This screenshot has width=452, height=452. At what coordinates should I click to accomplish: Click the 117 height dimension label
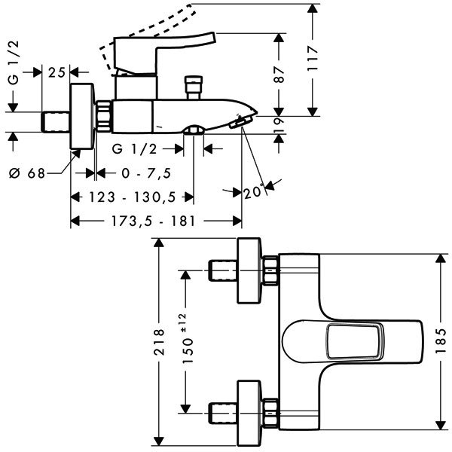tap(313, 58)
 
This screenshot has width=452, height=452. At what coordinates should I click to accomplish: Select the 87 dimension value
tap(279, 75)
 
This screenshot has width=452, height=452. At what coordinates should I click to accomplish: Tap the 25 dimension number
tap(56, 72)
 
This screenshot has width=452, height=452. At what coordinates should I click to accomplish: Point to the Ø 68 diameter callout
tap(27, 173)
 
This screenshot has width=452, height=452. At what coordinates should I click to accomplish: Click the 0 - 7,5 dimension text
tap(146, 173)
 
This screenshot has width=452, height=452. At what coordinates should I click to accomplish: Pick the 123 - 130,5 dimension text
tap(133, 197)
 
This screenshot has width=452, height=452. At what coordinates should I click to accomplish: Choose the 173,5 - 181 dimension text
tap(154, 221)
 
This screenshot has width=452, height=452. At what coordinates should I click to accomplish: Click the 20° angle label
tap(254, 191)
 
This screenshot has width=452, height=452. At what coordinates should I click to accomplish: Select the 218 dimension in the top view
tap(159, 342)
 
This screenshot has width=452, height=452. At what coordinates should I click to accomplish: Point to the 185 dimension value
tap(441, 341)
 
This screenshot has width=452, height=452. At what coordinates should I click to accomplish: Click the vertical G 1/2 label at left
tap(14, 63)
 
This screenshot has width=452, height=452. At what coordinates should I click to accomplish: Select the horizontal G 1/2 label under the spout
tap(134, 149)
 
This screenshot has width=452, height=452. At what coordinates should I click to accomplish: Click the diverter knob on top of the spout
tap(194, 87)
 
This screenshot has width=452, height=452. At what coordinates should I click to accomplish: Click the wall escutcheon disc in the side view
tap(82, 116)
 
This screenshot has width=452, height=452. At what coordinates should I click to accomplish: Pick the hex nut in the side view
tap(103, 116)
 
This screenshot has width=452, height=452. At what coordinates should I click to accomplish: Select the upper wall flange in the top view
tap(249, 270)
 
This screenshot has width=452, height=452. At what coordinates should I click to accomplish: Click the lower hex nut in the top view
tap(270, 413)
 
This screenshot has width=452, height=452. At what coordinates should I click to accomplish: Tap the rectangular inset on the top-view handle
tap(355, 341)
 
